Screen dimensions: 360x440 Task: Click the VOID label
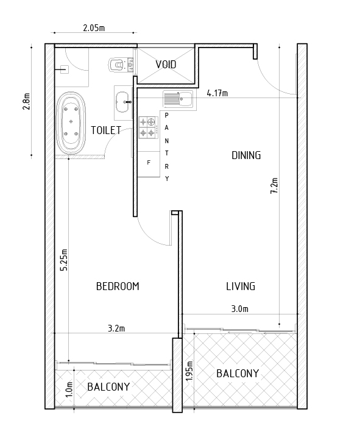click(x=166, y=65)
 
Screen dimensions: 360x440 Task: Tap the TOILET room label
click(x=106, y=130)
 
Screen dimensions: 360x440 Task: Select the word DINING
click(x=246, y=155)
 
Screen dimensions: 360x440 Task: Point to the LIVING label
click(x=241, y=286)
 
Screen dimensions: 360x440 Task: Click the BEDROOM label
click(x=118, y=286)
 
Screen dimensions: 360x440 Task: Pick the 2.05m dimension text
click(x=94, y=28)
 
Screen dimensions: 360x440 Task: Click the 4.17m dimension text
click(x=217, y=93)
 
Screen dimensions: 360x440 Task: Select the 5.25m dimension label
click(x=64, y=260)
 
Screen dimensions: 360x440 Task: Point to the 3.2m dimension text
click(x=116, y=328)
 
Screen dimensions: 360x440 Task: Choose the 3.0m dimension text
click(x=240, y=309)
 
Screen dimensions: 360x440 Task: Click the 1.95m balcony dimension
click(x=189, y=371)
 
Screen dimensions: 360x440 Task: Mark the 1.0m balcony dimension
click(x=69, y=389)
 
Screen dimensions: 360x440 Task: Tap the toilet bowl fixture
click(x=121, y=65)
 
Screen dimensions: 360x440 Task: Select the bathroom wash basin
click(x=124, y=102)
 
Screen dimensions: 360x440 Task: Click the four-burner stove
click(x=148, y=127)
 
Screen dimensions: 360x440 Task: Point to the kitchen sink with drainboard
click(x=178, y=99)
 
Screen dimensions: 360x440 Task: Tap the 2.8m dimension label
click(x=26, y=101)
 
